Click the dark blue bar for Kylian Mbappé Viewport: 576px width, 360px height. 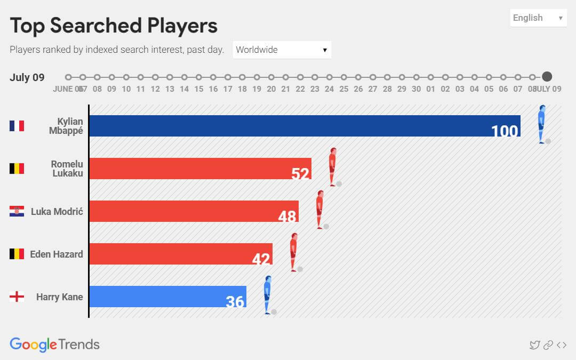pyautogui.click(x=304, y=126)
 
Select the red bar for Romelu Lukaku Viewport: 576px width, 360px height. pyautogui.click(x=200, y=169)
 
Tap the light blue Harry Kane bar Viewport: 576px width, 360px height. pyautogui.click(x=167, y=297)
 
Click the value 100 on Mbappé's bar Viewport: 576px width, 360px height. pyautogui.click(x=504, y=131)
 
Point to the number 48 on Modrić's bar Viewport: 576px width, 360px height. pyautogui.click(x=287, y=216)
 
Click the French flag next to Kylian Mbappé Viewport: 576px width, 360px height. pyautogui.click(x=17, y=126)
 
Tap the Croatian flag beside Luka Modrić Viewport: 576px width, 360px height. pyautogui.click(x=17, y=211)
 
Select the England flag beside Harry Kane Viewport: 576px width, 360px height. pyautogui.click(x=17, y=297)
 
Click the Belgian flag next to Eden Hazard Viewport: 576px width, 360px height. pyautogui.click(x=17, y=254)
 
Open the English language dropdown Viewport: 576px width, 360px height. pyautogui.click(x=538, y=18)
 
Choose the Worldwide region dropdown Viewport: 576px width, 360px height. pyautogui.click(x=282, y=50)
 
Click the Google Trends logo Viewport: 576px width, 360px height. pyautogui.click(x=54, y=345)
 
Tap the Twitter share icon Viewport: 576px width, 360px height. pyautogui.click(x=534, y=345)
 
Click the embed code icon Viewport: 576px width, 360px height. pyautogui.click(x=562, y=345)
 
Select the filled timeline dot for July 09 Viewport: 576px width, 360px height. pyautogui.click(x=547, y=77)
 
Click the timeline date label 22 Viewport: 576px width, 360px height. pyautogui.click(x=300, y=89)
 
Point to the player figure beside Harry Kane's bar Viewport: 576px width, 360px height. pyautogui.click(x=268, y=295)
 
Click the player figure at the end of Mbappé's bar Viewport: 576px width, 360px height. pyautogui.click(x=542, y=124)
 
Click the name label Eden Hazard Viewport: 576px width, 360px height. pyautogui.click(x=57, y=254)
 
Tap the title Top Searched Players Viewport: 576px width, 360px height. pyautogui.click(x=114, y=26)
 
